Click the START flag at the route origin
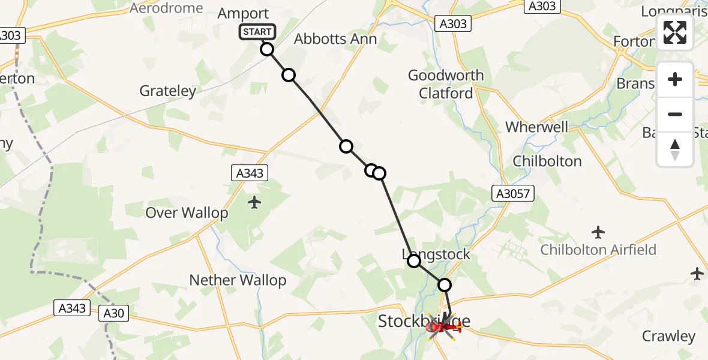pyautogui.click(x=257, y=32)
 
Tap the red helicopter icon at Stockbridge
pyautogui.click(x=443, y=326)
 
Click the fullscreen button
pyautogui.click(x=675, y=32)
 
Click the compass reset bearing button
pyautogui.click(x=675, y=149)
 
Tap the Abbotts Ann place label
pyautogui.click(x=335, y=40)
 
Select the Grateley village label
pyautogui.click(x=168, y=91)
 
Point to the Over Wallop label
pyautogui.click(x=187, y=213)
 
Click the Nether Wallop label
pyautogui.click(x=238, y=280)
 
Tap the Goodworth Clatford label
pyautogui.click(x=446, y=84)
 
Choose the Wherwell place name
pyautogui.click(x=537, y=127)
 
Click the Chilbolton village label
pyautogui.click(x=547, y=161)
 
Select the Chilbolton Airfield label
pyautogui.click(x=598, y=250)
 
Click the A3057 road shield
pyautogui.click(x=512, y=193)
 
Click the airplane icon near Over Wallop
pyautogui.click(x=254, y=202)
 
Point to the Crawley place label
pyautogui.click(x=668, y=336)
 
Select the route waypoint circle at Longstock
pyautogui.click(x=414, y=260)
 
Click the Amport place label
pyautogui.click(x=243, y=14)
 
